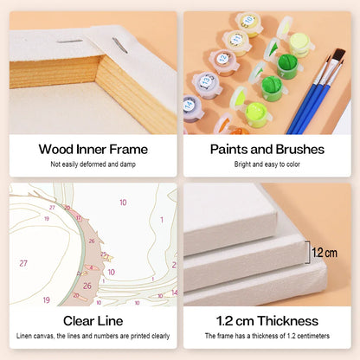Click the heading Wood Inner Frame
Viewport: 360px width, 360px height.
93,150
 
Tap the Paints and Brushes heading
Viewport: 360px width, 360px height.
267,150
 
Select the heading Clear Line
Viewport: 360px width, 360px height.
93,321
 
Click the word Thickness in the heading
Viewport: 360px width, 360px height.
287,321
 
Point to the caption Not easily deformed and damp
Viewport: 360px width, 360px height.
93,164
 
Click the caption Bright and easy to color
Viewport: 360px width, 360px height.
267,164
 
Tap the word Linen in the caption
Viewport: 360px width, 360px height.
24,336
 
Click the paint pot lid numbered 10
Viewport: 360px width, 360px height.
248,21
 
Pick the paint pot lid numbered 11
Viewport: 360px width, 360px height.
236,39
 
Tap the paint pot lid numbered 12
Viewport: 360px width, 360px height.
223,59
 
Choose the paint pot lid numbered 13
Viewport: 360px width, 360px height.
206,80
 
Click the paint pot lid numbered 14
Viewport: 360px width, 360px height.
189,105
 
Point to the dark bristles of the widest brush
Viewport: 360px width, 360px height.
339,55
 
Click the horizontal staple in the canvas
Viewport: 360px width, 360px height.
70,42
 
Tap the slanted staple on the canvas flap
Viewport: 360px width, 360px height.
120,46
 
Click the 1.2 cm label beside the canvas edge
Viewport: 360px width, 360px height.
325,254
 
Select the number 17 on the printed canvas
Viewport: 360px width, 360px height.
79,218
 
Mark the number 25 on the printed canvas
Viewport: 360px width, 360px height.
103,254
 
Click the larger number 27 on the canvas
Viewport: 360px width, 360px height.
23,263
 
